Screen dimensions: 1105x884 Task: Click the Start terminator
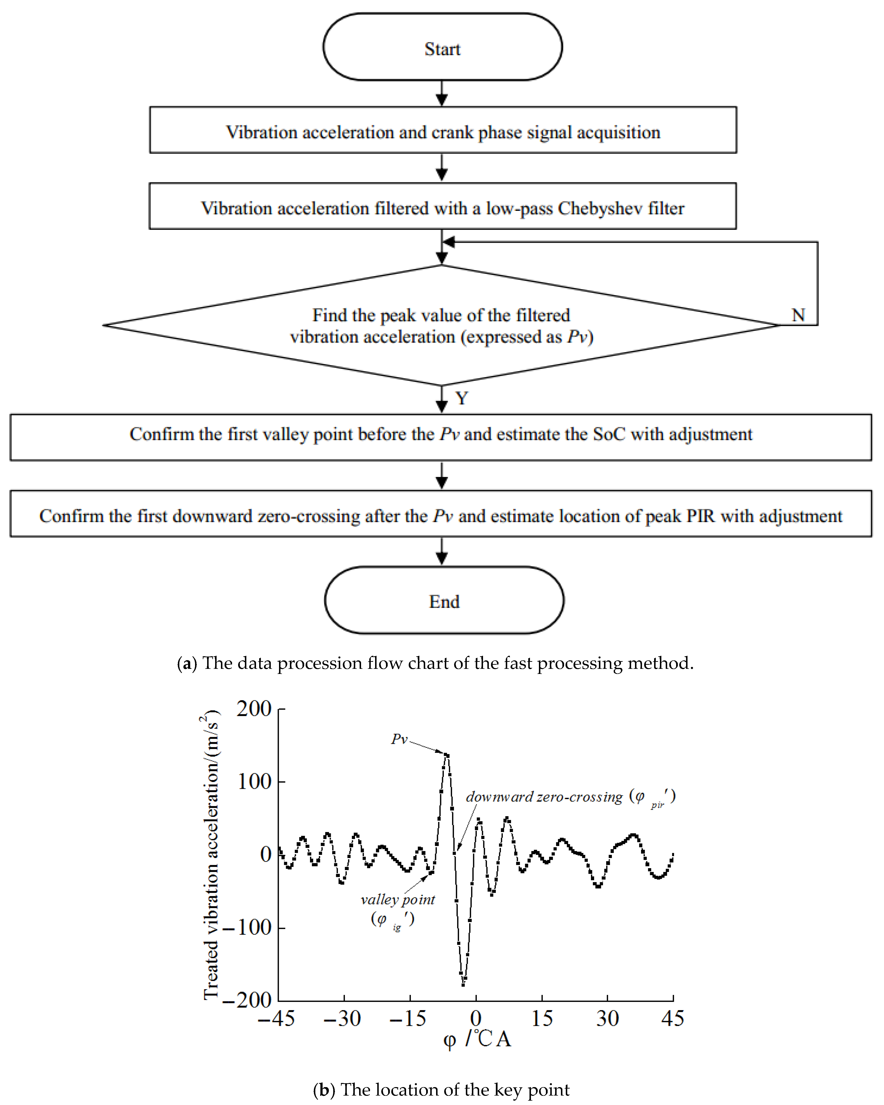(443, 47)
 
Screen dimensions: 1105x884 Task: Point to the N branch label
(798, 315)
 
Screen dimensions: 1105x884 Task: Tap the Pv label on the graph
(399, 739)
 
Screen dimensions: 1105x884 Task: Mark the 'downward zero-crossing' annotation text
(544, 797)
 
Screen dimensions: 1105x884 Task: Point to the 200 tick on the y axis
(254, 709)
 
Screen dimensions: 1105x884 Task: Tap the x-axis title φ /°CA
(477, 1039)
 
